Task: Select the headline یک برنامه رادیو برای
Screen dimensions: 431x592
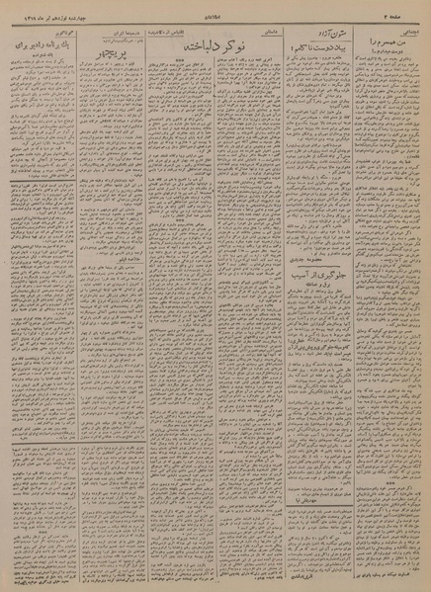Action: click(x=40, y=46)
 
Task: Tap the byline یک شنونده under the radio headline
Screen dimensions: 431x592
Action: click(x=41, y=58)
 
